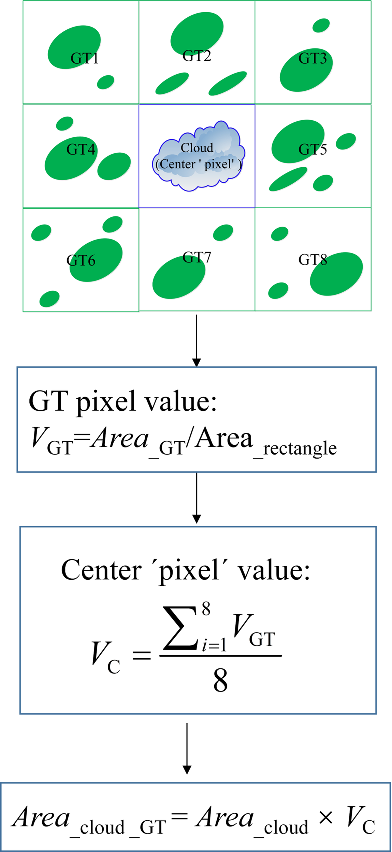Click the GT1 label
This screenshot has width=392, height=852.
coord(84,58)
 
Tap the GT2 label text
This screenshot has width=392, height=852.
coord(197,56)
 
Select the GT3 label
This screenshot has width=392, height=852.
coord(313,58)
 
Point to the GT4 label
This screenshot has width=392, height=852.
coord(81,149)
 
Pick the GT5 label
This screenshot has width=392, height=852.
coord(313,149)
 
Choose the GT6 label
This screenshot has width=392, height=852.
coord(81,261)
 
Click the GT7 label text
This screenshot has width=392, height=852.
coord(197,257)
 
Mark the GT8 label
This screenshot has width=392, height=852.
coord(313,260)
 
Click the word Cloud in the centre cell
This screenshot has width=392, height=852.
coord(197,148)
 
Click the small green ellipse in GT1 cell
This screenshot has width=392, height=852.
coord(105,82)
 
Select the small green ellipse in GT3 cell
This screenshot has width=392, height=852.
coord(321,25)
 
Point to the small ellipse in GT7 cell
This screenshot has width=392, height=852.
coord(223,232)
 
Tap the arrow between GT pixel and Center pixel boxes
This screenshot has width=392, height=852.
coord(197,498)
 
